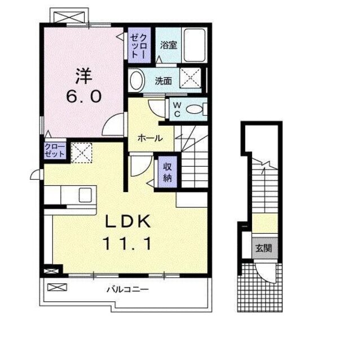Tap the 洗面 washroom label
pos(164,81)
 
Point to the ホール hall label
pos(151,138)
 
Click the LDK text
pos(127,221)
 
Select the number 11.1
pos(127,245)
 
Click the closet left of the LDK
pos(55,150)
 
